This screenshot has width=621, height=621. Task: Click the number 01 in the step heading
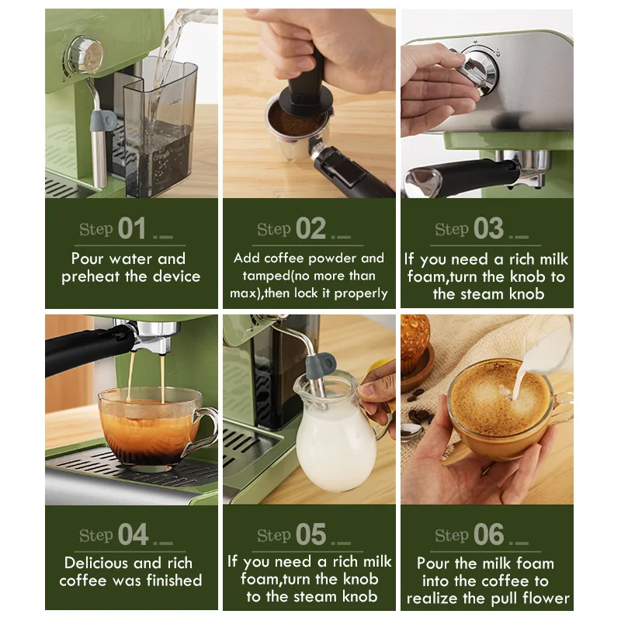click(x=132, y=228)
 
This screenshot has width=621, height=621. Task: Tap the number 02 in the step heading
click(x=310, y=228)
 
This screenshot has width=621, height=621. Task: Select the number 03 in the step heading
click(x=488, y=228)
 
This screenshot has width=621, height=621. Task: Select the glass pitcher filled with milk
click(x=336, y=439)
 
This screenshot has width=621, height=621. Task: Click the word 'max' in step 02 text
click(x=246, y=293)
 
